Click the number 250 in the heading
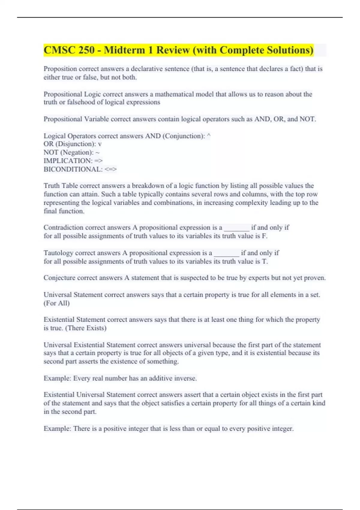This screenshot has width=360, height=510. (x=86, y=50)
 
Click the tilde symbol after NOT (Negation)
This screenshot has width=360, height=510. (x=97, y=153)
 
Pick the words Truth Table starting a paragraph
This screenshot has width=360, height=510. (x=61, y=186)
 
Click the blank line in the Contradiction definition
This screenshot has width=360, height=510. (x=236, y=228)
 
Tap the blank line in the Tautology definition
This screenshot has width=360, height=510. (x=226, y=253)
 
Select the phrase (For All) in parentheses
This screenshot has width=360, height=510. (x=57, y=303)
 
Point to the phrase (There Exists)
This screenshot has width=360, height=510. (x=86, y=328)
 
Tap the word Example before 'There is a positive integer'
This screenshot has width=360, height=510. (x=57, y=429)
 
